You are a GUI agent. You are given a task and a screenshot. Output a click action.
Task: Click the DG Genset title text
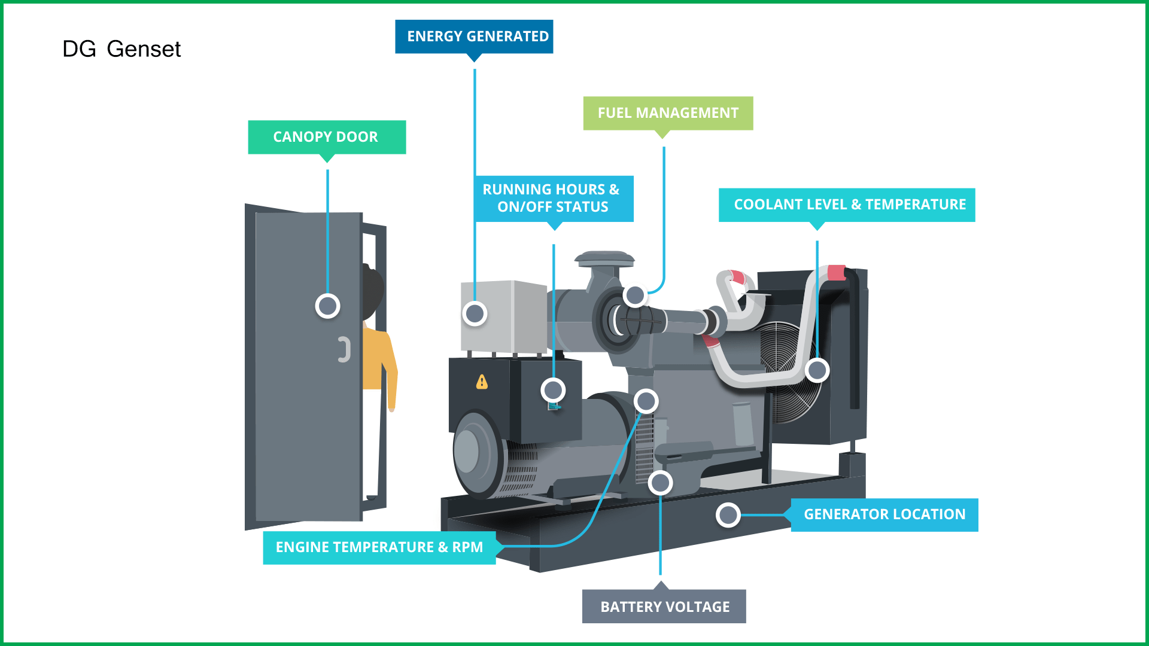click(121, 49)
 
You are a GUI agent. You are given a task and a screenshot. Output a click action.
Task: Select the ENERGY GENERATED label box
click(474, 36)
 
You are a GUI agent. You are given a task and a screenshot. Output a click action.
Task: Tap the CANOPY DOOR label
click(327, 137)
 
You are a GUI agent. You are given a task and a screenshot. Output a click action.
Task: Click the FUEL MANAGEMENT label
click(668, 113)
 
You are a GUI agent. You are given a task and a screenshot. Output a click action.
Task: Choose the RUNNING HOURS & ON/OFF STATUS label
click(554, 198)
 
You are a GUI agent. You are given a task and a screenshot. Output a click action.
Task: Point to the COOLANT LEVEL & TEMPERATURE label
click(847, 205)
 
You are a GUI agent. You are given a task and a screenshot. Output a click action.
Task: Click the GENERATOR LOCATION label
click(884, 514)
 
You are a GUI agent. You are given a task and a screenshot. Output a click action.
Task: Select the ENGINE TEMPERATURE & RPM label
click(379, 547)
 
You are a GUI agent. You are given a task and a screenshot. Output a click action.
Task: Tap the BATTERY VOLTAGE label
click(664, 607)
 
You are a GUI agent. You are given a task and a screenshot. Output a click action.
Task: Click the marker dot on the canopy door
click(327, 306)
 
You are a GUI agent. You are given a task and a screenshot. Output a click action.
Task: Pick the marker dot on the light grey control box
click(475, 313)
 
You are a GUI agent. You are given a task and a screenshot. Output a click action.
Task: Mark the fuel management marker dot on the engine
click(634, 295)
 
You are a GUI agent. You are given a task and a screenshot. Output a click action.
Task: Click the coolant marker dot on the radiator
click(817, 370)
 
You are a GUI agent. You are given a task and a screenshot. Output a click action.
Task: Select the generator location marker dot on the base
click(728, 515)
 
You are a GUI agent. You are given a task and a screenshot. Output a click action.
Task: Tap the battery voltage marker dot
click(660, 483)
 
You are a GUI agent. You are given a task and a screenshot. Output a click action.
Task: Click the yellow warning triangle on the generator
click(482, 382)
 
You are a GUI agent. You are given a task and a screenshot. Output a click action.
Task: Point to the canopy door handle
click(344, 349)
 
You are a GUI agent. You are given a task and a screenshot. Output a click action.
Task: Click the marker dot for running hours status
click(553, 390)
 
